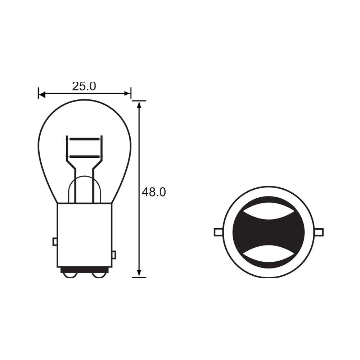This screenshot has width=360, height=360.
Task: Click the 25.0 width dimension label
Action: click(x=84, y=86)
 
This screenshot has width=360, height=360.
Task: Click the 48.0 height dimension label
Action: click(x=154, y=192)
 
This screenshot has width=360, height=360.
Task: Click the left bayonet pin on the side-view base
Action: click(x=55, y=241)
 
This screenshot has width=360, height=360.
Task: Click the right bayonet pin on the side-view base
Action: click(x=114, y=255)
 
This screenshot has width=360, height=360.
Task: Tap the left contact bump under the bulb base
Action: click(x=69, y=275)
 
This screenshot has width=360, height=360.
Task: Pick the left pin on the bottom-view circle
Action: click(x=218, y=232)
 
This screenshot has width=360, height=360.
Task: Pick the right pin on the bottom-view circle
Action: click(x=319, y=232)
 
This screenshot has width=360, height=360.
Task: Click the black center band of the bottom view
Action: click(x=268, y=232)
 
